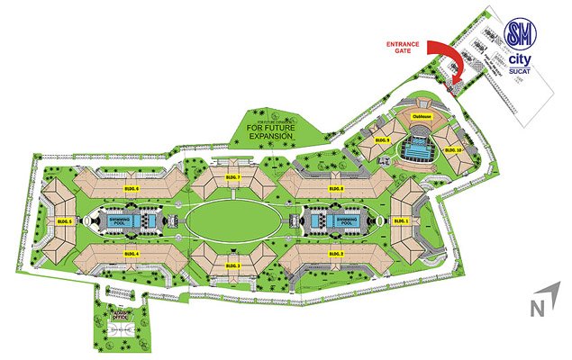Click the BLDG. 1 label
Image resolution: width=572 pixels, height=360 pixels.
(402, 220)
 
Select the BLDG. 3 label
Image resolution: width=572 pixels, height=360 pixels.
(232, 266)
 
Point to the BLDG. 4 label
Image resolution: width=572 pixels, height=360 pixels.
(132, 256)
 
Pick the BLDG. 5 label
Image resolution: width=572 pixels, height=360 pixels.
(64, 220)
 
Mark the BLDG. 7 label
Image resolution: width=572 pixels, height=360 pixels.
(232, 178)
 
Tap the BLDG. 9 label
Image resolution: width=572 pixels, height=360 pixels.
(381, 140)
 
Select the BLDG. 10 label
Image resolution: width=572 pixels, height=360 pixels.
(452, 149)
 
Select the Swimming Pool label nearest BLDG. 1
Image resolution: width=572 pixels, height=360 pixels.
(349, 220)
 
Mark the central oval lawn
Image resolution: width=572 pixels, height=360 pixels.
(232, 220)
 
